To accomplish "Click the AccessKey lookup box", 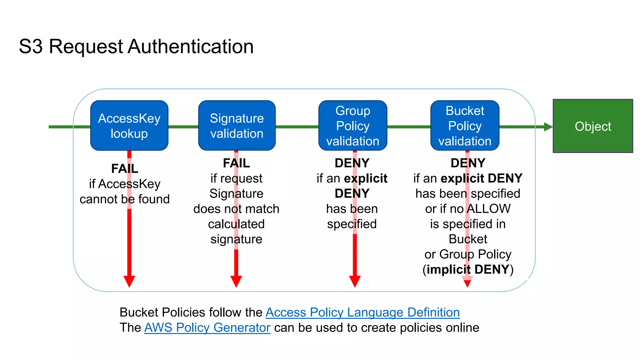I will point(129,126).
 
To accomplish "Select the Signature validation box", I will point(237,126).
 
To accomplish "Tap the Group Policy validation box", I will point(353,126).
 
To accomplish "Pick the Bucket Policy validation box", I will point(465,126).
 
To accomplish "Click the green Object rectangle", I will point(592,126).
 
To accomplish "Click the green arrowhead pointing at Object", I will point(548,127).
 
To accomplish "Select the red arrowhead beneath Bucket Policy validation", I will point(467,282).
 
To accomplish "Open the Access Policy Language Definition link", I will point(362,312).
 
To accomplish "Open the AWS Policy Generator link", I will point(207,327).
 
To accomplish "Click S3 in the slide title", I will point(31,47).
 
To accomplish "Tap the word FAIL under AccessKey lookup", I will point(125,169).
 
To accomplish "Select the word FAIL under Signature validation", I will point(236,163).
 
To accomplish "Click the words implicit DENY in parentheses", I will point(468,269).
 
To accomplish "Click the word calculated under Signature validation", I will point(236,224).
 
